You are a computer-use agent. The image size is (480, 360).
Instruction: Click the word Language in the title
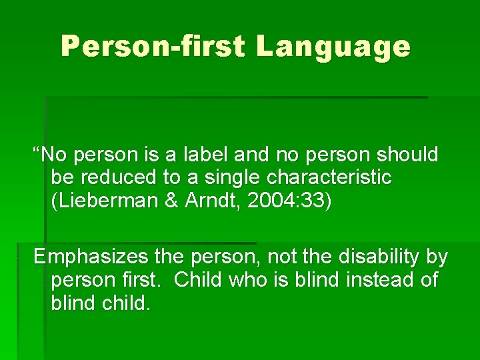333,47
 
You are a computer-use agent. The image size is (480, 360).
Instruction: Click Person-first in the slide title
153,47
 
